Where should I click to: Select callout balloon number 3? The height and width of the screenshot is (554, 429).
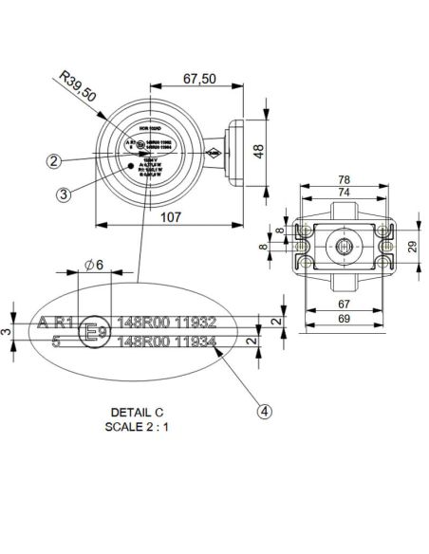point(63,195)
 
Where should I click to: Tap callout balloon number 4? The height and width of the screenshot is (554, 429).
point(264,411)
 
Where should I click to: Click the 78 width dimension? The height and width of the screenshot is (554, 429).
point(345,180)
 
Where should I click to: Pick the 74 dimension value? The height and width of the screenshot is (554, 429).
point(345,192)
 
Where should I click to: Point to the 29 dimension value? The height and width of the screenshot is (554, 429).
point(411,246)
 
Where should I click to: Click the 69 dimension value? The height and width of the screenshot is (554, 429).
point(345,320)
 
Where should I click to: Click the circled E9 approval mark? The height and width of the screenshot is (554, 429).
point(92,331)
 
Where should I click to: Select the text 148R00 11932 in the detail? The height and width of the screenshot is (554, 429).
point(166,322)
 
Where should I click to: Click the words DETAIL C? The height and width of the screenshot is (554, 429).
point(138,413)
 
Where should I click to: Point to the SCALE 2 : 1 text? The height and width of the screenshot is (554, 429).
point(138,426)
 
